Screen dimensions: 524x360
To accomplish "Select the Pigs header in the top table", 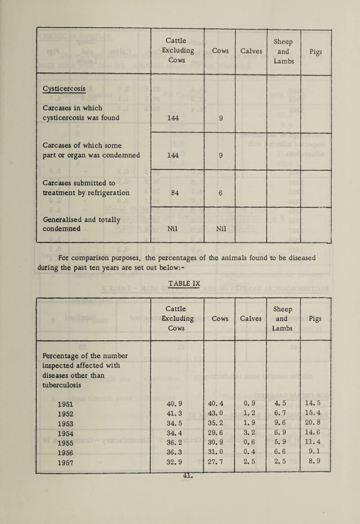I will (316, 51).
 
